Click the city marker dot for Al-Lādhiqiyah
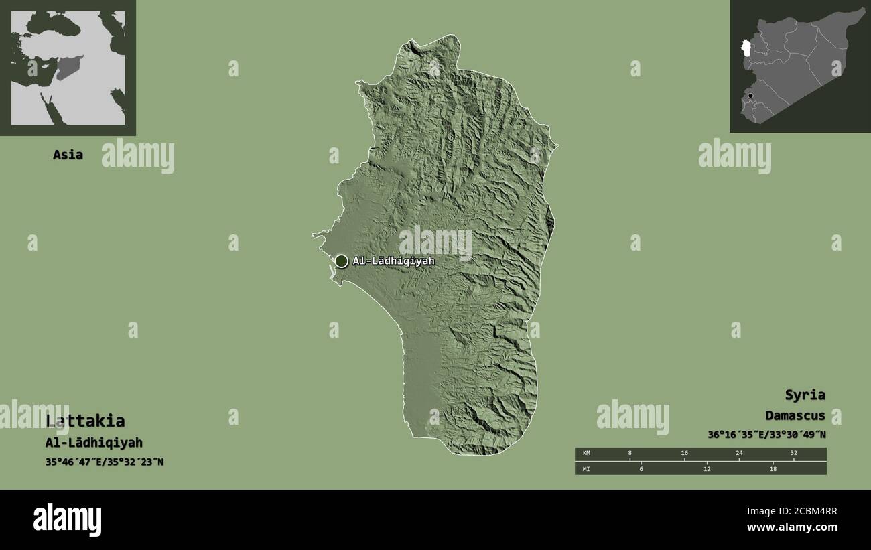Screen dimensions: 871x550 [x=341, y=261]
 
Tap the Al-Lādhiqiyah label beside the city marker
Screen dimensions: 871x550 [x=393, y=261]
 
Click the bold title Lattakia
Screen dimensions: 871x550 [x=85, y=421]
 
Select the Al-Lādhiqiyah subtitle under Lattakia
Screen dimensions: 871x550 [x=94, y=443]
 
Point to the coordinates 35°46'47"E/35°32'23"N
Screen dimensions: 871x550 [x=104, y=462]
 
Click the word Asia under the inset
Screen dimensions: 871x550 [x=68, y=155]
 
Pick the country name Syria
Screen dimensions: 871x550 [x=805, y=395]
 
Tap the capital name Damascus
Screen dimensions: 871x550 [x=795, y=415]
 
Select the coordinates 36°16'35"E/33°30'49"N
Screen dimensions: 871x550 [x=766, y=434]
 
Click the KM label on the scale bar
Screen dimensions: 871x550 [x=586, y=454]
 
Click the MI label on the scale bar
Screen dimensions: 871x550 [x=586, y=468]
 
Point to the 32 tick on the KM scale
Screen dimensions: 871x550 [x=793, y=454]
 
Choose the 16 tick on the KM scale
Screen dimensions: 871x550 [x=684, y=454]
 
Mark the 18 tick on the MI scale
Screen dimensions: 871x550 [x=772, y=468]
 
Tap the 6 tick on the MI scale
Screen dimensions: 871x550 [x=641, y=468]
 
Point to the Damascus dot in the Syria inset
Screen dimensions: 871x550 [x=750, y=96]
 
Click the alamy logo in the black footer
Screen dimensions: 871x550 [x=67, y=520]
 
